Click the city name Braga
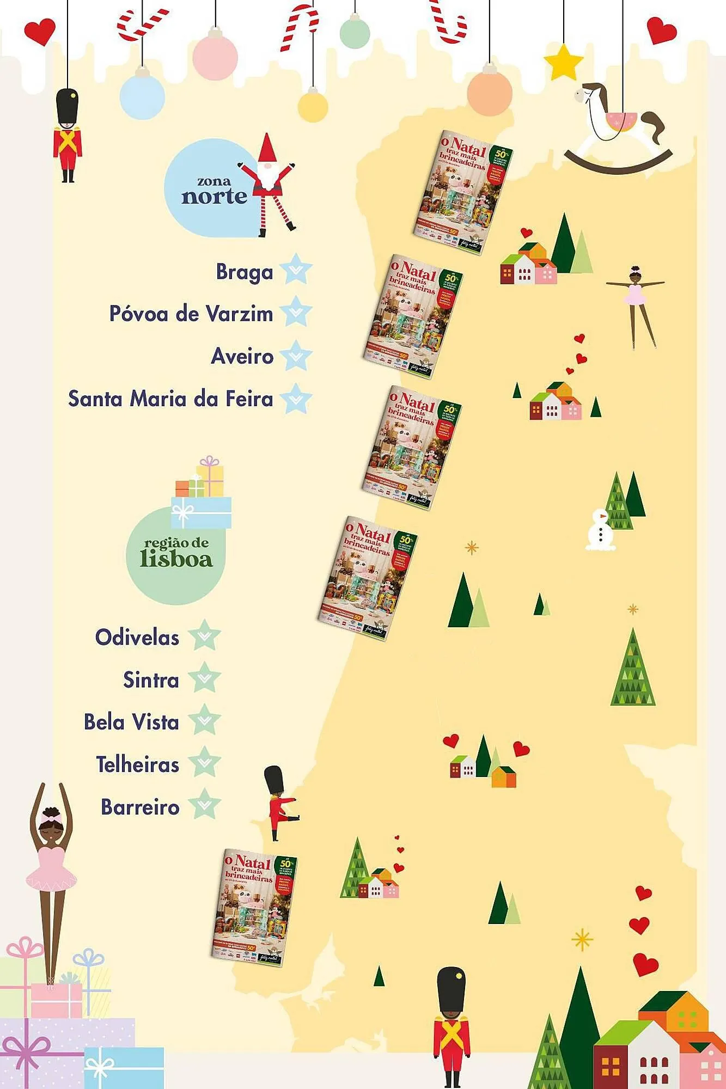point(245,271)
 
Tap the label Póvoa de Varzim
point(191,314)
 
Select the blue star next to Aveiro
point(296,356)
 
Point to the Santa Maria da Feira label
point(170,399)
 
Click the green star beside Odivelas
point(204,635)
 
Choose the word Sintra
point(151,680)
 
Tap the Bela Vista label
point(131,722)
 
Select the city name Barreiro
point(140,807)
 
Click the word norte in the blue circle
point(214,196)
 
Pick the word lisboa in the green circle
point(176,559)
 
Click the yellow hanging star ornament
point(564,63)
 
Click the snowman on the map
point(600,530)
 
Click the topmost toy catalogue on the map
point(462,192)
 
